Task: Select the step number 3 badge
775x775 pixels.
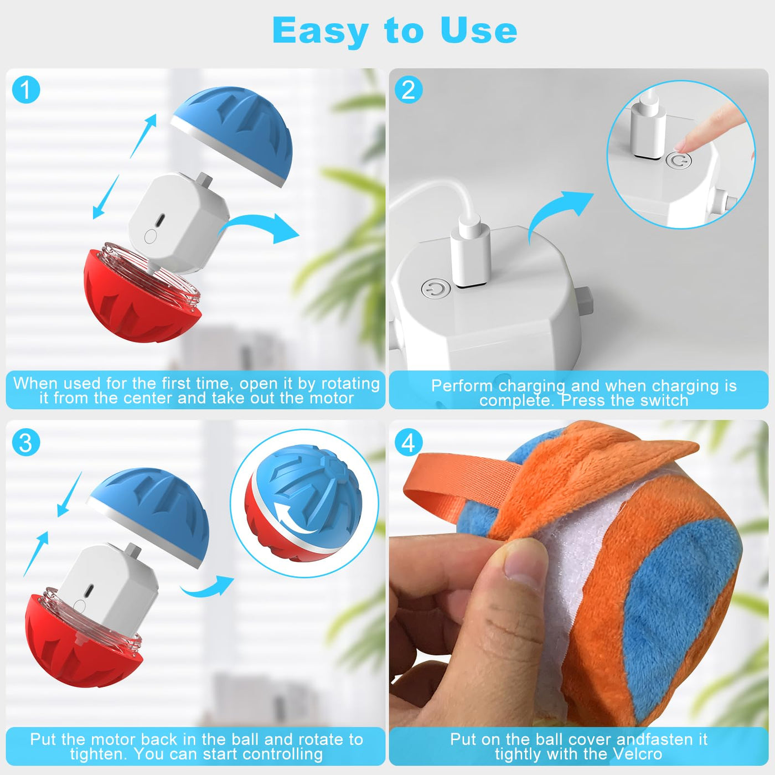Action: click(x=26, y=442)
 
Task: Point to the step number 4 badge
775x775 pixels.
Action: click(x=409, y=442)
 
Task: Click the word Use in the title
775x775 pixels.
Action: click(x=479, y=30)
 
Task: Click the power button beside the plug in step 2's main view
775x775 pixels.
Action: click(x=436, y=289)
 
